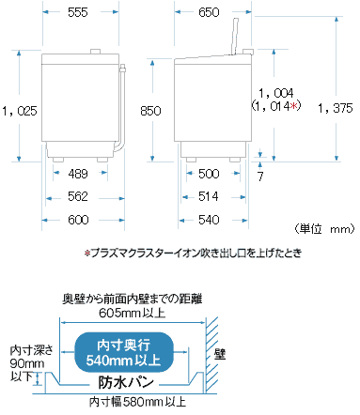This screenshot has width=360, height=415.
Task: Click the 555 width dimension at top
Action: coord(79,13)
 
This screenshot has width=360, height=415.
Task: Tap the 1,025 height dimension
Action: coord(20,110)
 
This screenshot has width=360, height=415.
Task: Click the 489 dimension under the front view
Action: coord(79,173)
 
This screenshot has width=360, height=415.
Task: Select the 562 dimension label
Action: coord(79,196)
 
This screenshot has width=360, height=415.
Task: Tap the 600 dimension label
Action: coord(79,220)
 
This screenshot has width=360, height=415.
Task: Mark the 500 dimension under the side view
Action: coord(209,173)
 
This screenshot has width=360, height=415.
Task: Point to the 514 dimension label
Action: coord(209,196)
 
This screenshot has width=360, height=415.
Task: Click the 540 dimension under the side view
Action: coord(209,220)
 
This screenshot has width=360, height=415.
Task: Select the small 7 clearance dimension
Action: coord(260,176)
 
